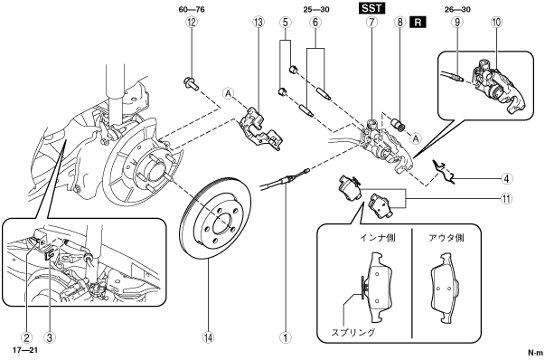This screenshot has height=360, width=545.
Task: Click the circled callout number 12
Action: click(x=192, y=23)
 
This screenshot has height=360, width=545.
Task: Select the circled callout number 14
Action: click(x=209, y=337)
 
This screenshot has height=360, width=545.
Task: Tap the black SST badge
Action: click(x=371, y=8)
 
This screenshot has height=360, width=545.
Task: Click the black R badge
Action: click(x=418, y=23)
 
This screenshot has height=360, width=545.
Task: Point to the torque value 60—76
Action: click(x=192, y=9)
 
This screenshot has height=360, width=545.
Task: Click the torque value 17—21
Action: click(x=25, y=350)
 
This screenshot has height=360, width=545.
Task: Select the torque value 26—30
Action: click(x=457, y=9)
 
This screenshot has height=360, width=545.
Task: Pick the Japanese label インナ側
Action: click(x=378, y=238)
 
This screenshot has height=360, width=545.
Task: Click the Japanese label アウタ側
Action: click(x=446, y=238)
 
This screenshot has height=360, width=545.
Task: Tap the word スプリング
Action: click(x=353, y=332)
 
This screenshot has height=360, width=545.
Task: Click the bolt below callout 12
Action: click(x=191, y=84)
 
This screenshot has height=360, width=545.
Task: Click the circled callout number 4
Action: click(x=506, y=179)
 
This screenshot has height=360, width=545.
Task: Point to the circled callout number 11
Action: click(x=506, y=199)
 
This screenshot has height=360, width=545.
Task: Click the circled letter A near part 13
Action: click(x=229, y=93)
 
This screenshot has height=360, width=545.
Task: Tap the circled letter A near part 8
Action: click(x=416, y=138)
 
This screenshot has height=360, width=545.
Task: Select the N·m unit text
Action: click(x=535, y=353)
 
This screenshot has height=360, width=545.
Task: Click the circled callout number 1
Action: click(x=286, y=337)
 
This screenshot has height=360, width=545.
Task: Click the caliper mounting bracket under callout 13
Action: click(x=261, y=129)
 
